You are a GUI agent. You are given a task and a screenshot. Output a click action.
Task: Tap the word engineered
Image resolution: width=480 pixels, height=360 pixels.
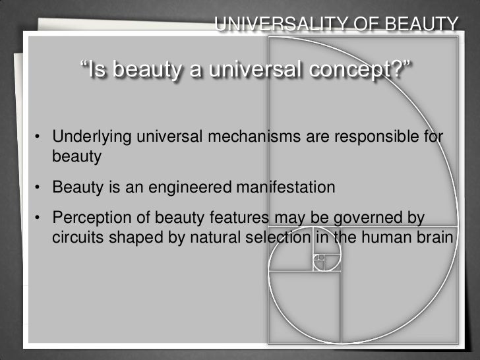click(x=184, y=188)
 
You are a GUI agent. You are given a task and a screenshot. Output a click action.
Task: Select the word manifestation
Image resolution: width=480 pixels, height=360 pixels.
click(x=283, y=188)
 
